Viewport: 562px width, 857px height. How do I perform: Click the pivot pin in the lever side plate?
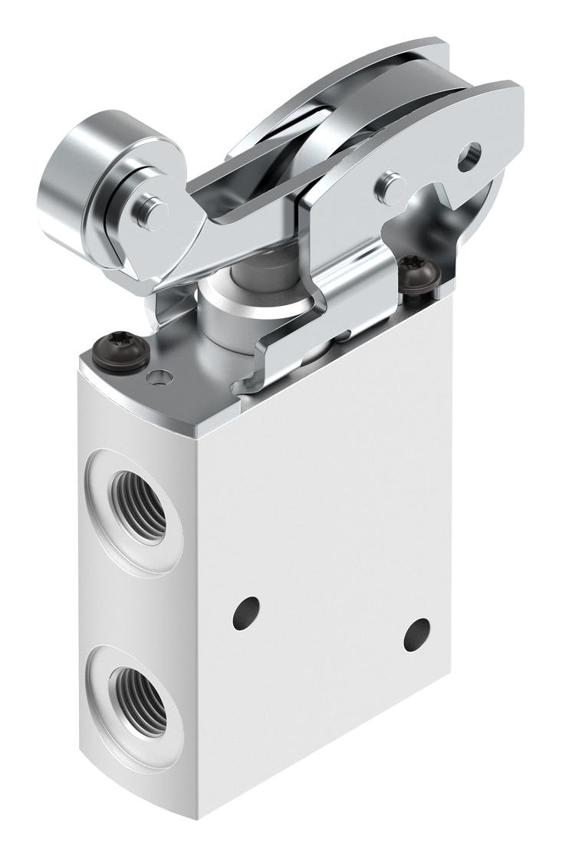point(392,185)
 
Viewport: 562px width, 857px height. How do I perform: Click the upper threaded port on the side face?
point(138,506)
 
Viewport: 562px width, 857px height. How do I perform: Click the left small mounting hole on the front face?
point(245,611)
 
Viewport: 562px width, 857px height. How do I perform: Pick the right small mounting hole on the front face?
point(417,633)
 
